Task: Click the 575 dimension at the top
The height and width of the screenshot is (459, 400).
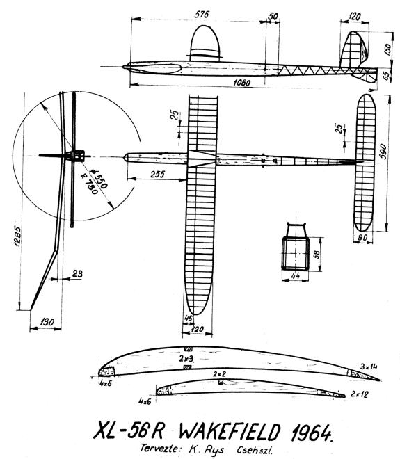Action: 202,15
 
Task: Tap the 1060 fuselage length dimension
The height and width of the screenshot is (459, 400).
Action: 242,83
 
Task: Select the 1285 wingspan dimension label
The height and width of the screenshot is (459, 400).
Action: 17,236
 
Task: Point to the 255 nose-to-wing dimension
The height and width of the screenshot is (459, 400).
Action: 158,174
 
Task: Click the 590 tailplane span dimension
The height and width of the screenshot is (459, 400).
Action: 383,152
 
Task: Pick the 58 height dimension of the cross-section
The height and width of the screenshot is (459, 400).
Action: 317,254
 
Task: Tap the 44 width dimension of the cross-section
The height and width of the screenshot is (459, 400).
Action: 296,275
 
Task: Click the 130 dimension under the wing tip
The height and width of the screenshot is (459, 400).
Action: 47,322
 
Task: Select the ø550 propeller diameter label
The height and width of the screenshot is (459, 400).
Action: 99,179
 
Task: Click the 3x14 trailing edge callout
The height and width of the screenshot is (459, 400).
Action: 369,367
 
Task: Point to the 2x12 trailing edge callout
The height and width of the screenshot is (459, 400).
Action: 360,394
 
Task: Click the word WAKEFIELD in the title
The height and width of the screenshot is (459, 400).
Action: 230,431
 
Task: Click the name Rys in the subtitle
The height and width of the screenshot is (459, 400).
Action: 216,449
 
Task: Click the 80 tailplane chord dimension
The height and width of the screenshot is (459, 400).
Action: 362,238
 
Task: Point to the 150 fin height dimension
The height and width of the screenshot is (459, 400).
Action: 387,49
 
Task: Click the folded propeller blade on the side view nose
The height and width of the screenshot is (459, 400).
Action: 155,68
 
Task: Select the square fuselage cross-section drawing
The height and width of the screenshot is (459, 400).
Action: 296,254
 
